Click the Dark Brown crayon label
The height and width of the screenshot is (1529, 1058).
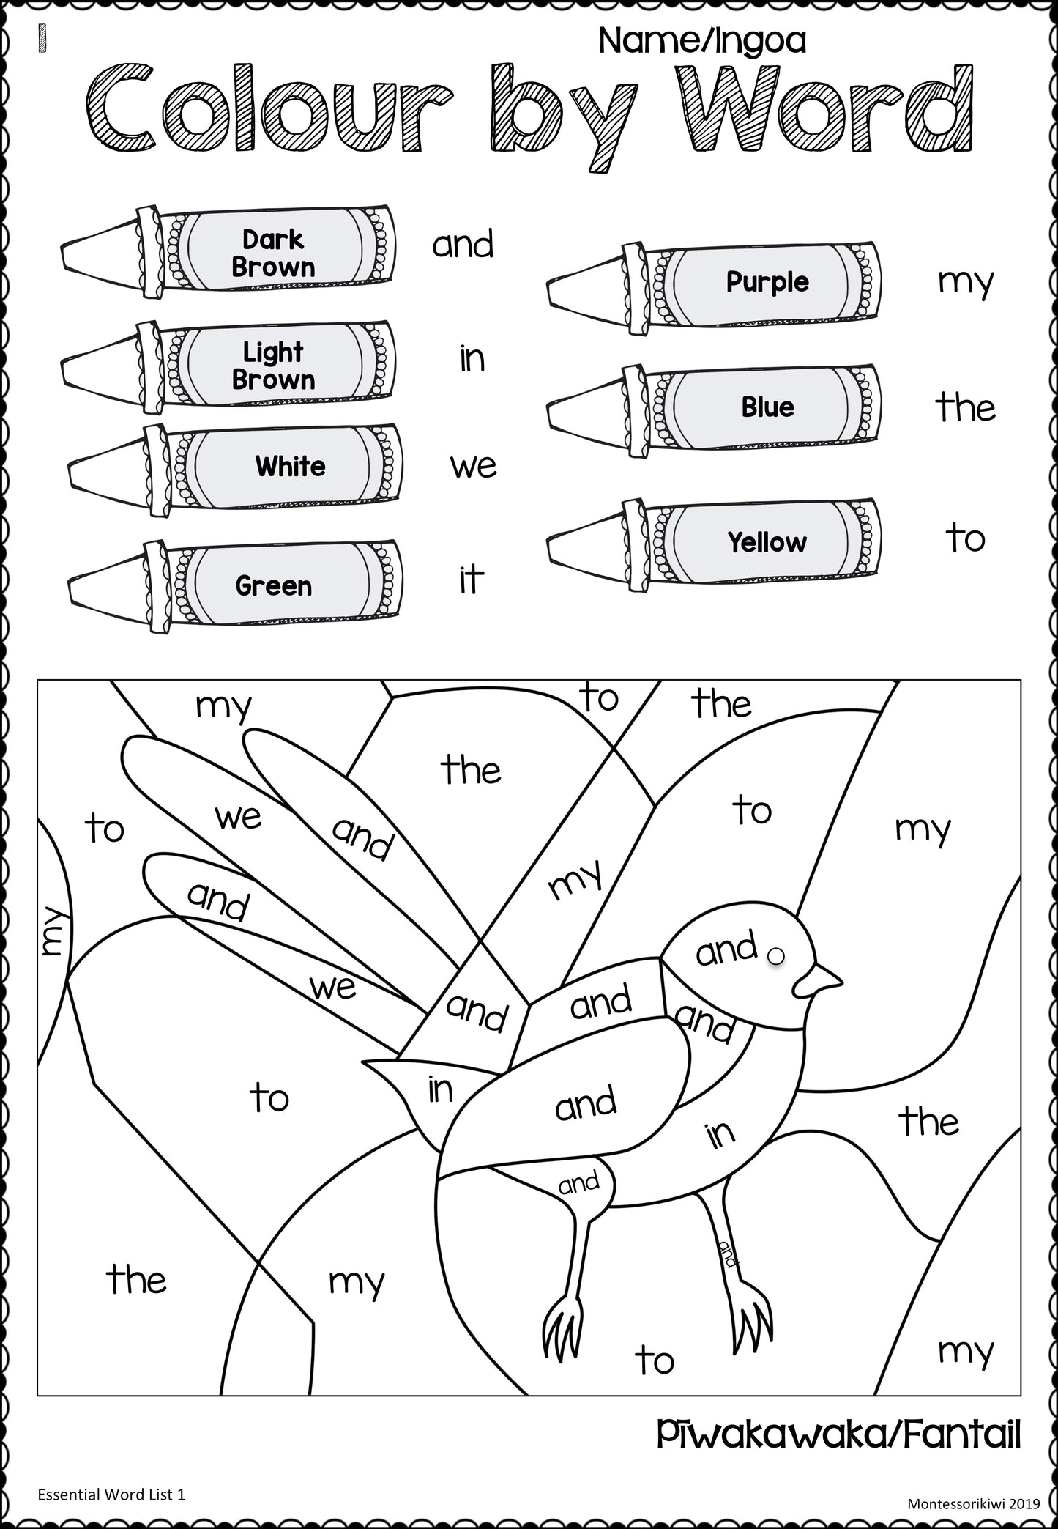coord(273,253)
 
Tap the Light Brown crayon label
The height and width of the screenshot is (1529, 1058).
coord(273,366)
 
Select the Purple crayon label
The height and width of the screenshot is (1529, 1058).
coord(767,282)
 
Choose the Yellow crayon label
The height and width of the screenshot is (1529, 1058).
coord(767,542)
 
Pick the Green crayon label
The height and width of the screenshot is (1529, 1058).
coord(274,585)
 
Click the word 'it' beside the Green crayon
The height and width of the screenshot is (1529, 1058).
coord(471,580)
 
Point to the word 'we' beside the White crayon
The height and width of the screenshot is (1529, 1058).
coord(473,466)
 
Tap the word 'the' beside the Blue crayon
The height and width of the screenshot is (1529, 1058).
coord(965,407)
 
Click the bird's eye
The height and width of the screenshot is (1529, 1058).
coord(776,955)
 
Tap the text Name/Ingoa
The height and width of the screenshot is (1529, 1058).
coord(701,41)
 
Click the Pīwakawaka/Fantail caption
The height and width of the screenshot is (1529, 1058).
coord(838,1434)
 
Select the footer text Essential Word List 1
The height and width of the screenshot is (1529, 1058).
coord(111,1495)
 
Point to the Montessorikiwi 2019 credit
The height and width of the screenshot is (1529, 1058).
coord(973,1503)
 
